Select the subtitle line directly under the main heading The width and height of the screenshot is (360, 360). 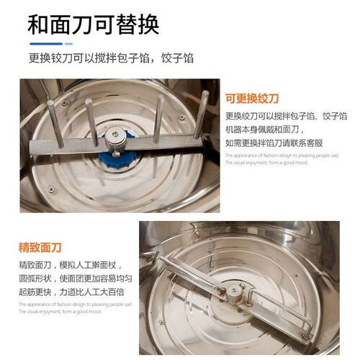coord(111,58)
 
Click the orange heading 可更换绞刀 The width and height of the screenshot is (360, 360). coord(251,99)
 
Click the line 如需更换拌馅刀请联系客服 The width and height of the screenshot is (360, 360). coord(276,142)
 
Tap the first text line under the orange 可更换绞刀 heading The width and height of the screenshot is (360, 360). coord(287,116)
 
